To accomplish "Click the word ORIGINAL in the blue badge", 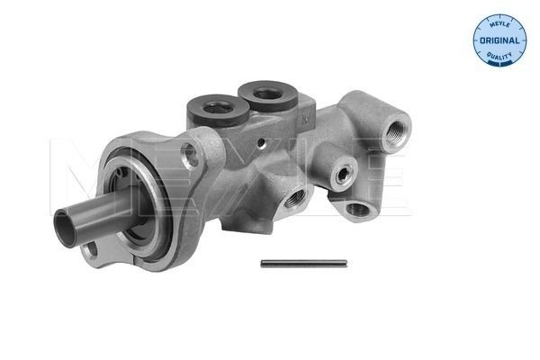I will [x=497, y=42].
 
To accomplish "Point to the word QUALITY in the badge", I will [x=497, y=58].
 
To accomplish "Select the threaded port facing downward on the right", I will [x=356, y=209].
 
